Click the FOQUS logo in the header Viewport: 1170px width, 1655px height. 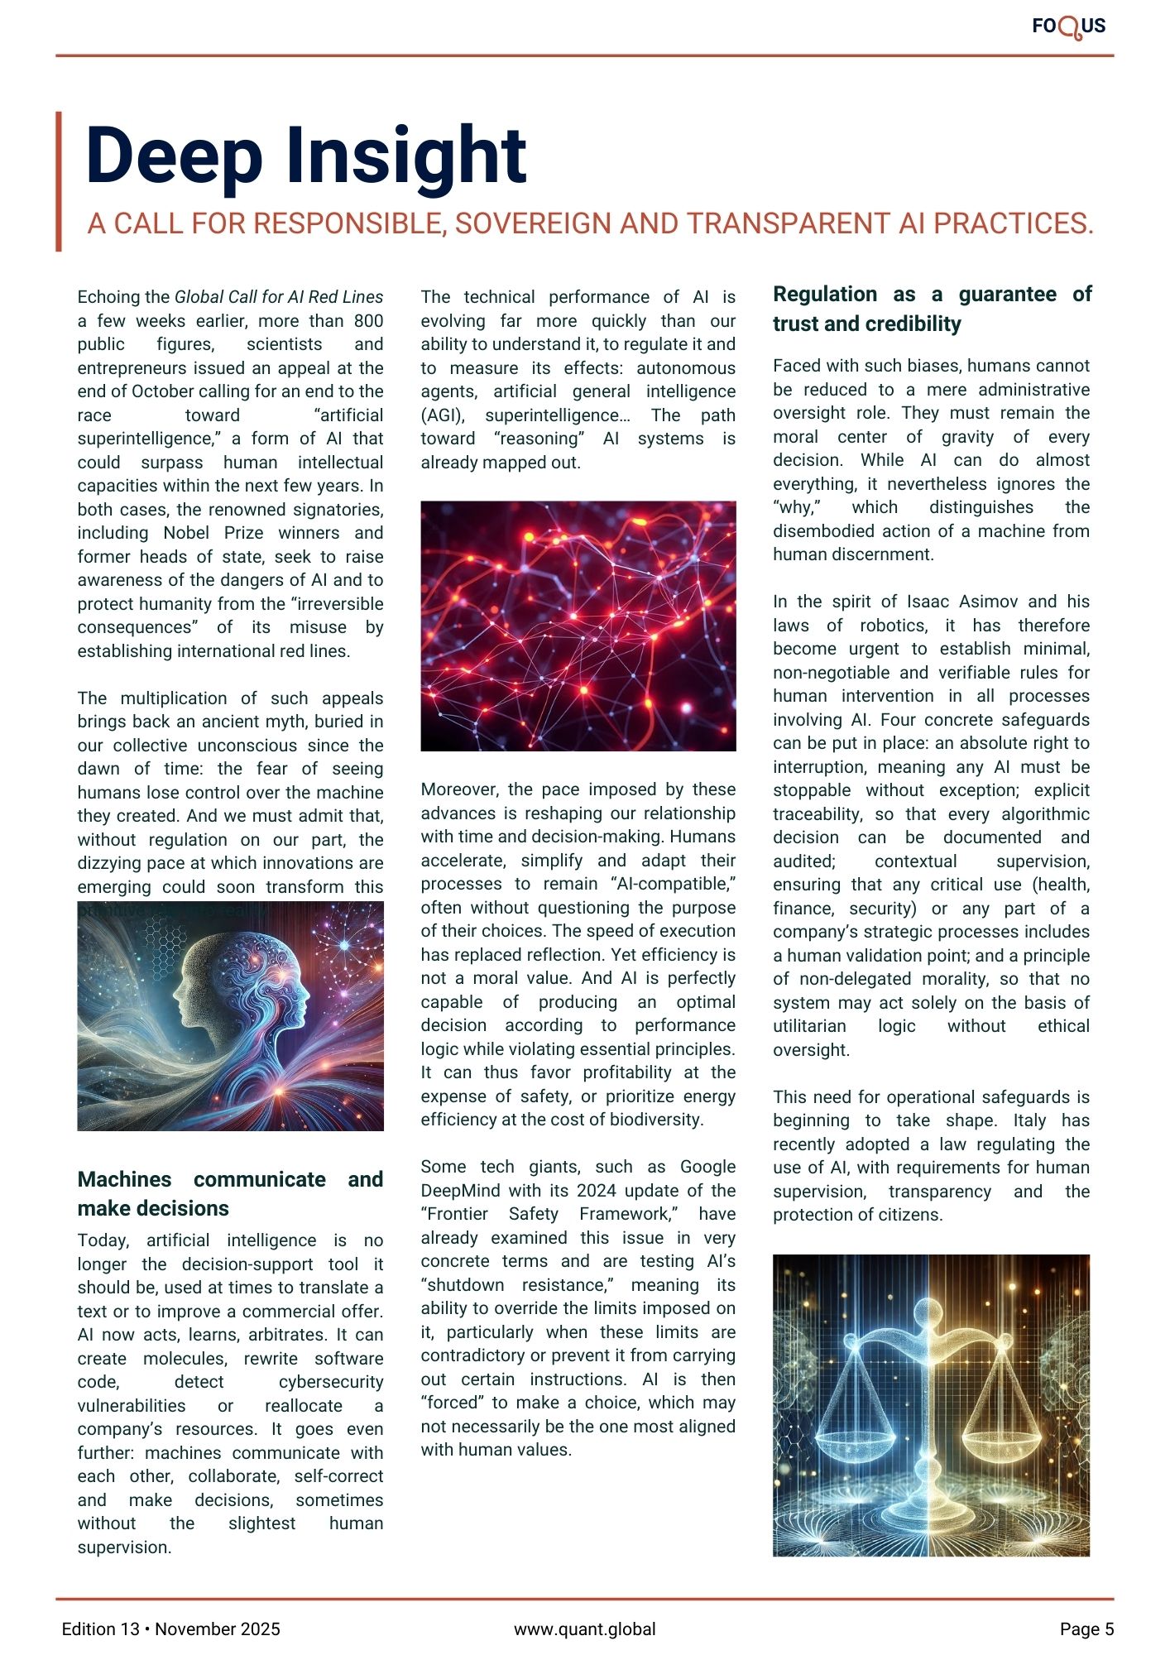point(1068,26)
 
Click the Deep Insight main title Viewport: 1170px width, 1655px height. point(306,156)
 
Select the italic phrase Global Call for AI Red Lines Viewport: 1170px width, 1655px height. point(279,297)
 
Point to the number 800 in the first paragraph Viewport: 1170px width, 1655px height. point(368,321)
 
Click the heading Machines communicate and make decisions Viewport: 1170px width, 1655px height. point(230,1193)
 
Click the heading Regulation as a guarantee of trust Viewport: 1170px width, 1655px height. point(932,309)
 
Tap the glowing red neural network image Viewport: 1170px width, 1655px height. point(578,626)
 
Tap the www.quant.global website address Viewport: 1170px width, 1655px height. point(584,1629)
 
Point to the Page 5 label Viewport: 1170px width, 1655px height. point(1086,1629)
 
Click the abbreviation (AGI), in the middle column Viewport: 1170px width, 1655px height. point(444,415)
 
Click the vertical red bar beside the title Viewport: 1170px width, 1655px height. point(59,181)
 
